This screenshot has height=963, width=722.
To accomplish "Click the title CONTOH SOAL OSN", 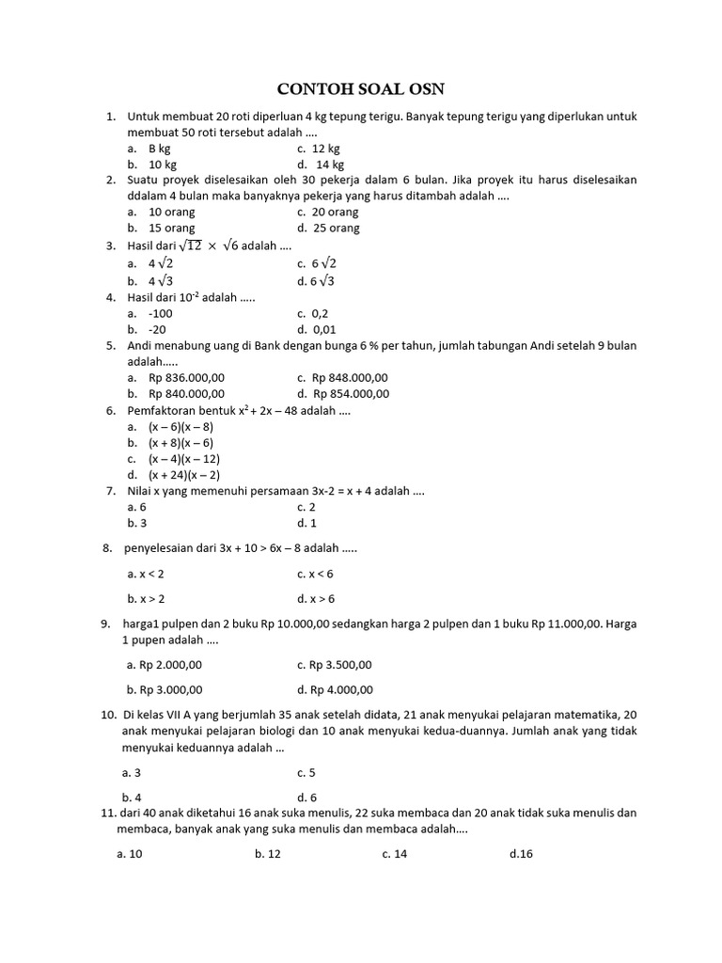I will [360, 89].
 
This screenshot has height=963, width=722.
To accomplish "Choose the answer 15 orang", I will [171, 228].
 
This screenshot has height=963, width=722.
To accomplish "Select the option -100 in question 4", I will [161, 313].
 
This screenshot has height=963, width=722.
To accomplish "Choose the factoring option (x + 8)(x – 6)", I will [180, 442].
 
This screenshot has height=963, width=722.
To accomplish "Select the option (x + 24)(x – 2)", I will [184, 475].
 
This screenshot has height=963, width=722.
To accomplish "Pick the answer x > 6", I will [316, 598].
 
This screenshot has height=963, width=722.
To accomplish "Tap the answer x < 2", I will [146, 573].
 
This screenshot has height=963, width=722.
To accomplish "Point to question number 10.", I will [107, 715].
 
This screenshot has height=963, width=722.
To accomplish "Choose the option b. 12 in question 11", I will [268, 854].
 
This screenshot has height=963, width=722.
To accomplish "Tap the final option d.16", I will [521, 854].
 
